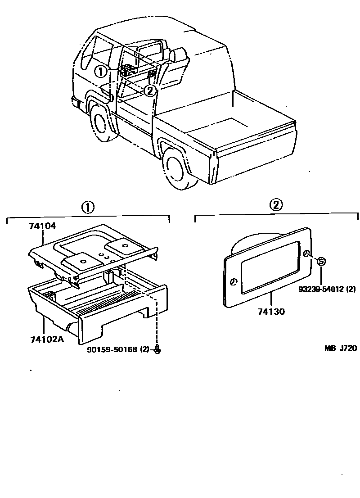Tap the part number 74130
tap(271, 311)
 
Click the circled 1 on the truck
tap(101, 71)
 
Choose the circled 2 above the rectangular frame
tap(276, 205)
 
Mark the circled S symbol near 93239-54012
tap(321, 261)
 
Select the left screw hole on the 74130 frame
tap(234, 282)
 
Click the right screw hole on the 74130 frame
tap(306, 254)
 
